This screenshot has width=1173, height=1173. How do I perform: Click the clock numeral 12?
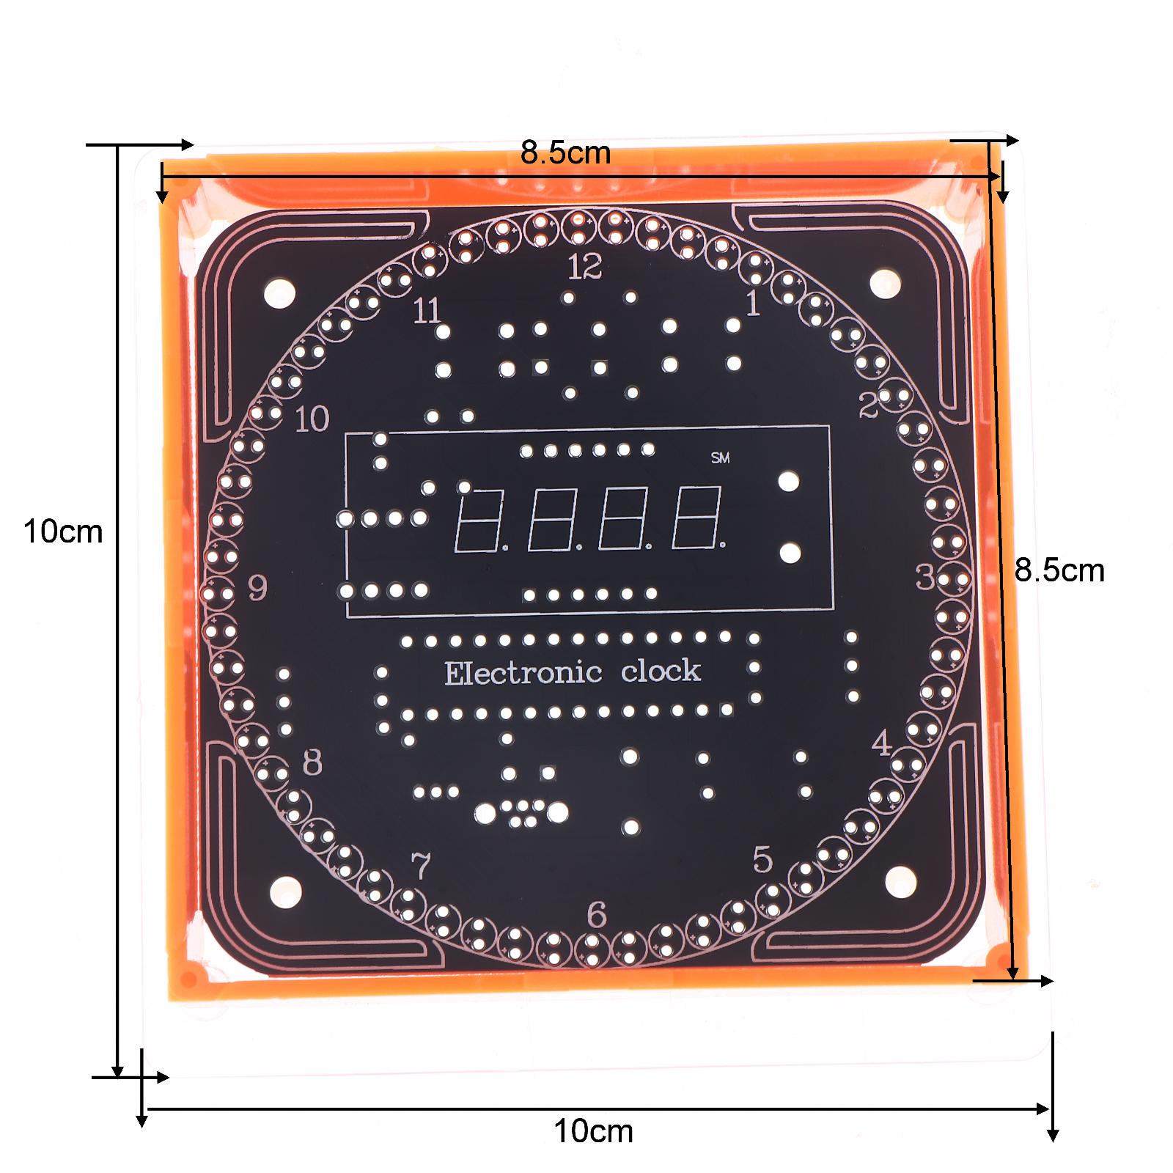585,267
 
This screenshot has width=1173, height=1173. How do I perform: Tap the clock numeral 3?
925,578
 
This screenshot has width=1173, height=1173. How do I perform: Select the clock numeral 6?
597,915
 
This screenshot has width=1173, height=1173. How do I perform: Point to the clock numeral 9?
257,587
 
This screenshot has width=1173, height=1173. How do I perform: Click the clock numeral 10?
312,419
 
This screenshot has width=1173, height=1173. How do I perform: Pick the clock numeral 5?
762,859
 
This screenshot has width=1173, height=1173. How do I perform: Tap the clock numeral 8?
312,763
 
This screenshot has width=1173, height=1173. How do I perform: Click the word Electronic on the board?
523,673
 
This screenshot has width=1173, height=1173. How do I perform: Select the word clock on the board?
661,671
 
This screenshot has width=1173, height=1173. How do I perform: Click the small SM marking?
721,458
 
